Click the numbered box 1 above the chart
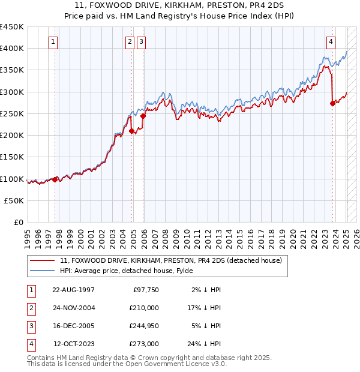tap(54, 41)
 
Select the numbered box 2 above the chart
tap(130, 41)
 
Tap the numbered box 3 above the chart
tap(141, 41)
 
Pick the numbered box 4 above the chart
tap(331, 41)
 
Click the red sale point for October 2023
tap(332, 103)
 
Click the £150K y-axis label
tap(13, 157)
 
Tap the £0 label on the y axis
tap(19, 223)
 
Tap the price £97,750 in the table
tap(146, 290)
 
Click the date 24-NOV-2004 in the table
tap(74, 308)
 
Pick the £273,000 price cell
tap(144, 344)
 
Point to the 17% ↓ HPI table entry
tap(205, 308)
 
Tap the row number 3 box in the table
tap(31, 326)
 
